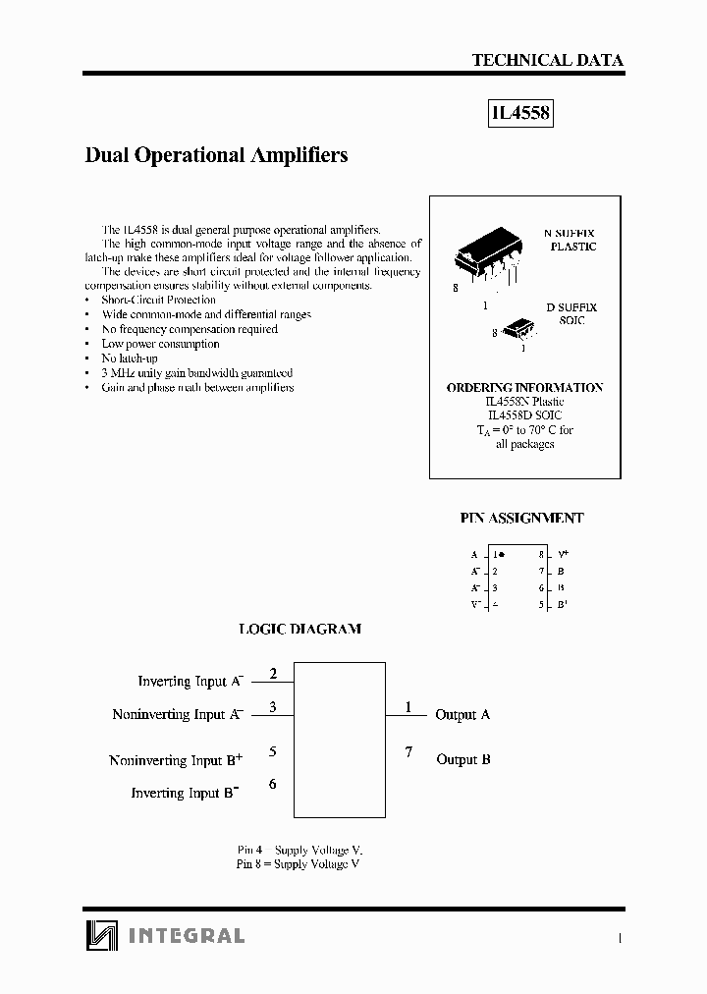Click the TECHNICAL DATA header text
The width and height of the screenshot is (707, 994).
point(547,60)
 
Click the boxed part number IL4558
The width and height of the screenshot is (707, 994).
point(520,115)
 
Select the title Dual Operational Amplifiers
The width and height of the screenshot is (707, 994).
point(216,155)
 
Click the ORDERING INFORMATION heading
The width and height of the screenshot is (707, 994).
point(524,388)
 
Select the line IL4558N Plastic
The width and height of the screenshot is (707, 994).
point(524,402)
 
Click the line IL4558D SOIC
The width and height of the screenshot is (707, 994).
point(524,415)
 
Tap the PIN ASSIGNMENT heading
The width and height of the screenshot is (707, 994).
point(521,518)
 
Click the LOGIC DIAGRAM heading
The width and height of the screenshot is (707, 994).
point(299,629)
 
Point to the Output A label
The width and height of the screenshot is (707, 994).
point(462,715)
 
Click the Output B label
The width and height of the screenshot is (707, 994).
point(462,759)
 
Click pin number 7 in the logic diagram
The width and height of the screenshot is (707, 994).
point(408,752)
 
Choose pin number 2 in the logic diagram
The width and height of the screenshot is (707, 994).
point(273,673)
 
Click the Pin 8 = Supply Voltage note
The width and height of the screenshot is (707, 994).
point(298,863)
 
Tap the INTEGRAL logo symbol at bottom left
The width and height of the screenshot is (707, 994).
point(100,935)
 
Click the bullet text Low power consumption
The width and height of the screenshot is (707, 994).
point(160,344)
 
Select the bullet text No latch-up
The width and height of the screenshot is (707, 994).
point(129,359)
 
